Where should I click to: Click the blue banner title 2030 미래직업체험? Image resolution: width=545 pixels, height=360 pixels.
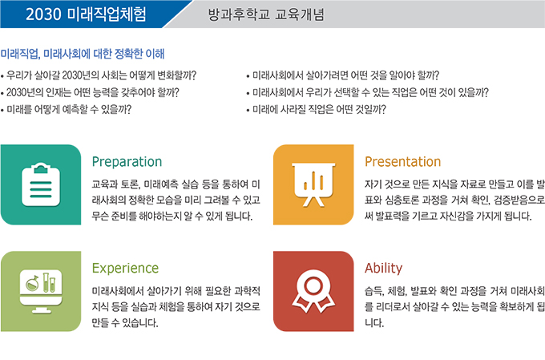pos(86,14)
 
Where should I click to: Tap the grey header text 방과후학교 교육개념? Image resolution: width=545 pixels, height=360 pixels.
pos(266,14)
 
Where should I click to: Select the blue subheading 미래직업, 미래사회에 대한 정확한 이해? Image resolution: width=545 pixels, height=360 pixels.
pos(83,54)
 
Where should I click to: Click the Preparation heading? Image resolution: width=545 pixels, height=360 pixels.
pos(127,162)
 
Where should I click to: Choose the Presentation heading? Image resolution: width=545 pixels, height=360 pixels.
pos(403,162)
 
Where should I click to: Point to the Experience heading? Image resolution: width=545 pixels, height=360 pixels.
pos(125,268)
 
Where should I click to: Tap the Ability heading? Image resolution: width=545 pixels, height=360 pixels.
pos(383,268)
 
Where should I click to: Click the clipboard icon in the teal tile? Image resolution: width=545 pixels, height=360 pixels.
pos(41,184)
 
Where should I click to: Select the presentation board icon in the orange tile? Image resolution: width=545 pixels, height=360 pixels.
pos(313,184)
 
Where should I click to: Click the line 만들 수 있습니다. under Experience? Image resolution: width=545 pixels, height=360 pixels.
pos(125,323)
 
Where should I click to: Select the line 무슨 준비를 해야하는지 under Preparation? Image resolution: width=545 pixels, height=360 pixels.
pos(172,216)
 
